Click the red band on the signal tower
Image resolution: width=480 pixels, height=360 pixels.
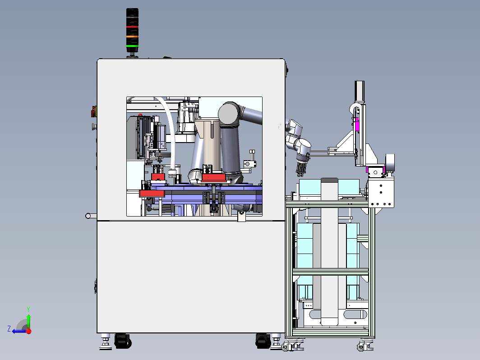pos(132,27)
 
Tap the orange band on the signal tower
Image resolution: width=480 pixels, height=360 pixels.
pos(132,37)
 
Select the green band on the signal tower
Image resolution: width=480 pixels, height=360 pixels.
pos(132,46)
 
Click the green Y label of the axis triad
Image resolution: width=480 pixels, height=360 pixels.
pos(28,309)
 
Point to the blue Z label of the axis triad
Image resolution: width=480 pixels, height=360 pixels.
pos(9,329)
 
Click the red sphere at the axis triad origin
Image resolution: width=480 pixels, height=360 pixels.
pos(29,331)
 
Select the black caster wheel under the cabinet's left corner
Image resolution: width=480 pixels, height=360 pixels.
pos(123,341)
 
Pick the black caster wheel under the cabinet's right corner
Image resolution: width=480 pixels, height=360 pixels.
pos(263,341)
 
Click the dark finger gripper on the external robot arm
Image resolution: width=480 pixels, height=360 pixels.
pos(300,169)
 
